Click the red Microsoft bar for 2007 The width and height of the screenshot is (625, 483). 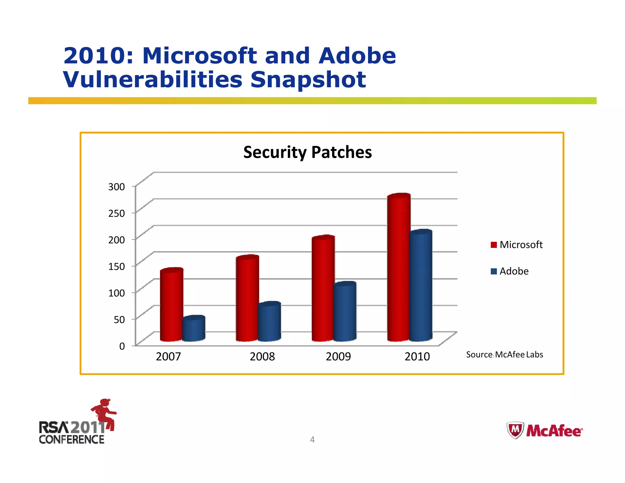pos(171,305)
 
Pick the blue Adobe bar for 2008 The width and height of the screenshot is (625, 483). pos(269,322)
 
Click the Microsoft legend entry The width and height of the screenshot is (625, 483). pos(517,245)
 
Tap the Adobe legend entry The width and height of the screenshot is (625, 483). pos(510,271)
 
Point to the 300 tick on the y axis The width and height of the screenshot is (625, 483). pos(117,187)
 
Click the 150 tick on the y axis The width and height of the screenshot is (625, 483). pos(117,266)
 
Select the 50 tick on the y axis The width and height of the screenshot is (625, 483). pos(119,319)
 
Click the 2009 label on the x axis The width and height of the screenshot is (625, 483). pos(338,356)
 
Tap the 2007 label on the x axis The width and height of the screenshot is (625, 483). pos(168,356)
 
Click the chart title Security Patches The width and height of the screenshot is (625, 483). pos(308,152)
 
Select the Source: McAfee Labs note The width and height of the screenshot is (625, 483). pos(504,354)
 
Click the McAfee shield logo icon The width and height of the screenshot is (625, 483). pos(515,430)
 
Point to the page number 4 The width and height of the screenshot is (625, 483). pos(312,439)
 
